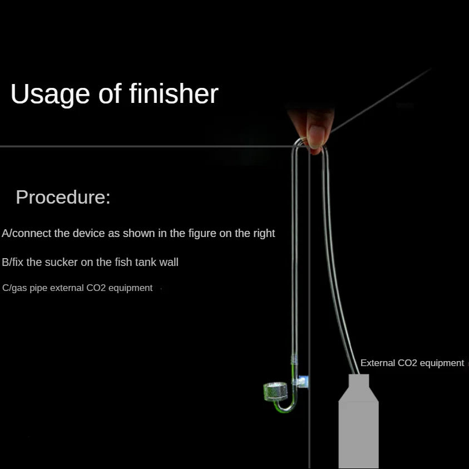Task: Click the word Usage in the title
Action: (x=50, y=94)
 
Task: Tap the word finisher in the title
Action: (x=174, y=93)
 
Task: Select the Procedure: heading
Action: (x=63, y=197)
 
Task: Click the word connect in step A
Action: (x=31, y=233)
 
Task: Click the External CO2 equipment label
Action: (x=412, y=363)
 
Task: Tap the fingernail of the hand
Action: (x=316, y=136)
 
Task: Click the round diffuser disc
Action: (x=275, y=391)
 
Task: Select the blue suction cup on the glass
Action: (x=301, y=382)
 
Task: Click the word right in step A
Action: (x=264, y=234)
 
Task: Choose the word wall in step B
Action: (x=169, y=262)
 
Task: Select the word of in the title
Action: (x=110, y=93)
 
